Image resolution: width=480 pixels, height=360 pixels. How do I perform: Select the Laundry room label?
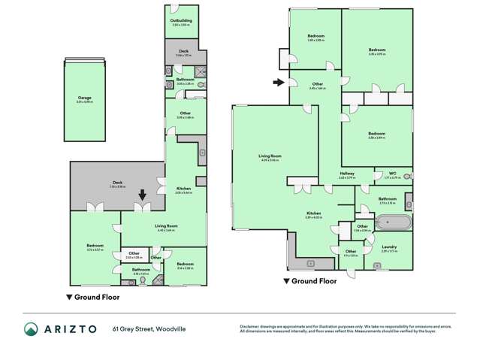pos(388,247)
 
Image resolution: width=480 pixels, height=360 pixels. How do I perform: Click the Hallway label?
pos(346,174)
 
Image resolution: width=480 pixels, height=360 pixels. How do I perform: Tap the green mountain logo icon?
pos(31,328)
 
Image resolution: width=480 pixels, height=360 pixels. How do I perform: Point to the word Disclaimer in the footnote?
pos(250,325)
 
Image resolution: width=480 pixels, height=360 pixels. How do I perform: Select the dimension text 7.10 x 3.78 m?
pos(116,186)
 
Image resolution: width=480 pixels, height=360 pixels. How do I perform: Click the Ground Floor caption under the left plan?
pos(89,296)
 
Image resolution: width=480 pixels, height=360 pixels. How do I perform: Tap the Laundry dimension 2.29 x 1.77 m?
pos(388,251)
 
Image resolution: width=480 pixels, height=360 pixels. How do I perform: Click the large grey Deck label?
pos(116,182)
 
